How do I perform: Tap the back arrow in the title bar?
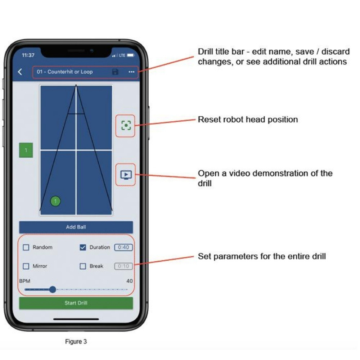point(20,72)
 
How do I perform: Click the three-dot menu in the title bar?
point(131,72)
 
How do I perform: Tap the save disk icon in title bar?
point(115,72)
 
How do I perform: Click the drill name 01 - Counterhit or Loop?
point(65,72)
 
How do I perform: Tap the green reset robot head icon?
point(126,125)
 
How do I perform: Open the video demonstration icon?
point(126,175)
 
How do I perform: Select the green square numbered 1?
point(26,150)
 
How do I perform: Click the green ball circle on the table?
point(55,201)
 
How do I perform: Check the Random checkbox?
point(26,247)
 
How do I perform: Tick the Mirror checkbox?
point(26,266)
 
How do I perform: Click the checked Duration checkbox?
point(83,247)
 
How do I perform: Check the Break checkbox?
point(83,266)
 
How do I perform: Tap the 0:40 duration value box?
point(123,247)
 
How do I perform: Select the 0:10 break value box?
point(123,266)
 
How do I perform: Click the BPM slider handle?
point(53,289)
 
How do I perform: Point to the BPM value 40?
point(130,281)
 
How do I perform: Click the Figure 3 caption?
point(76,342)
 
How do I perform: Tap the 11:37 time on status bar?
point(28,55)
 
